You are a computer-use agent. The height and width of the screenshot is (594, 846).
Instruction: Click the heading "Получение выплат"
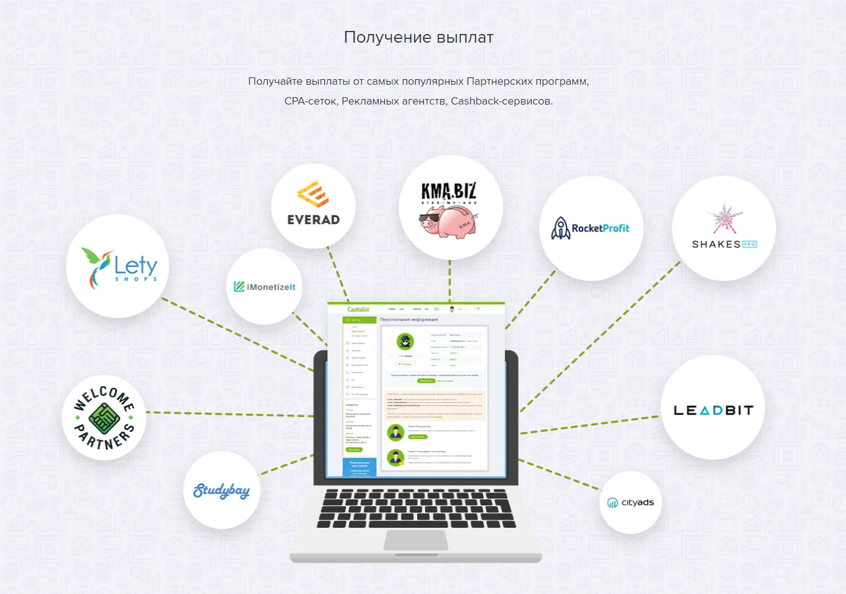point(418,37)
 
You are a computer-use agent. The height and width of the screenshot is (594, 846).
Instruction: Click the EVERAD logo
point(313,204)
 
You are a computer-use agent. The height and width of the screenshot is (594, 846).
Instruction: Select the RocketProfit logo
point(591,228)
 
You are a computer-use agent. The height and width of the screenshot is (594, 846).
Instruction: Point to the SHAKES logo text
point(716,244)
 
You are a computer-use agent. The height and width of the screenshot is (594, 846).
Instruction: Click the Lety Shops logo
point(118,267)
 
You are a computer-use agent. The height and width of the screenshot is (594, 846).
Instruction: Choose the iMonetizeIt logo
point(264,286)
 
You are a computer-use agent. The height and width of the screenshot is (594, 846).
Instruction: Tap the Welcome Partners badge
point(104,418)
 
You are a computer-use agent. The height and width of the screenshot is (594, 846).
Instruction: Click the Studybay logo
point(222,491)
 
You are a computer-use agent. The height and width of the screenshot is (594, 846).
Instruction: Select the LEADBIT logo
point(713,410)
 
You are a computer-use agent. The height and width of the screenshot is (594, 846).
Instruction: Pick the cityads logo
point(631,502)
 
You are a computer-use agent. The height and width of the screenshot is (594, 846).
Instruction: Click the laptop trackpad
point(416,540)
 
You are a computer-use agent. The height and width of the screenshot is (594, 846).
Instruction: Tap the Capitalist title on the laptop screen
point(358,309)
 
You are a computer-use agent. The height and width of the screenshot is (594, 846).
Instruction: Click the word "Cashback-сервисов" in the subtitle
point(501,101)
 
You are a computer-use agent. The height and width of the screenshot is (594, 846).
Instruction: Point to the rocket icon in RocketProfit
point(561,228)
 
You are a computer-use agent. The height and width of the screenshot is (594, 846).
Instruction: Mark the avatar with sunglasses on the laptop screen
point(405,341)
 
